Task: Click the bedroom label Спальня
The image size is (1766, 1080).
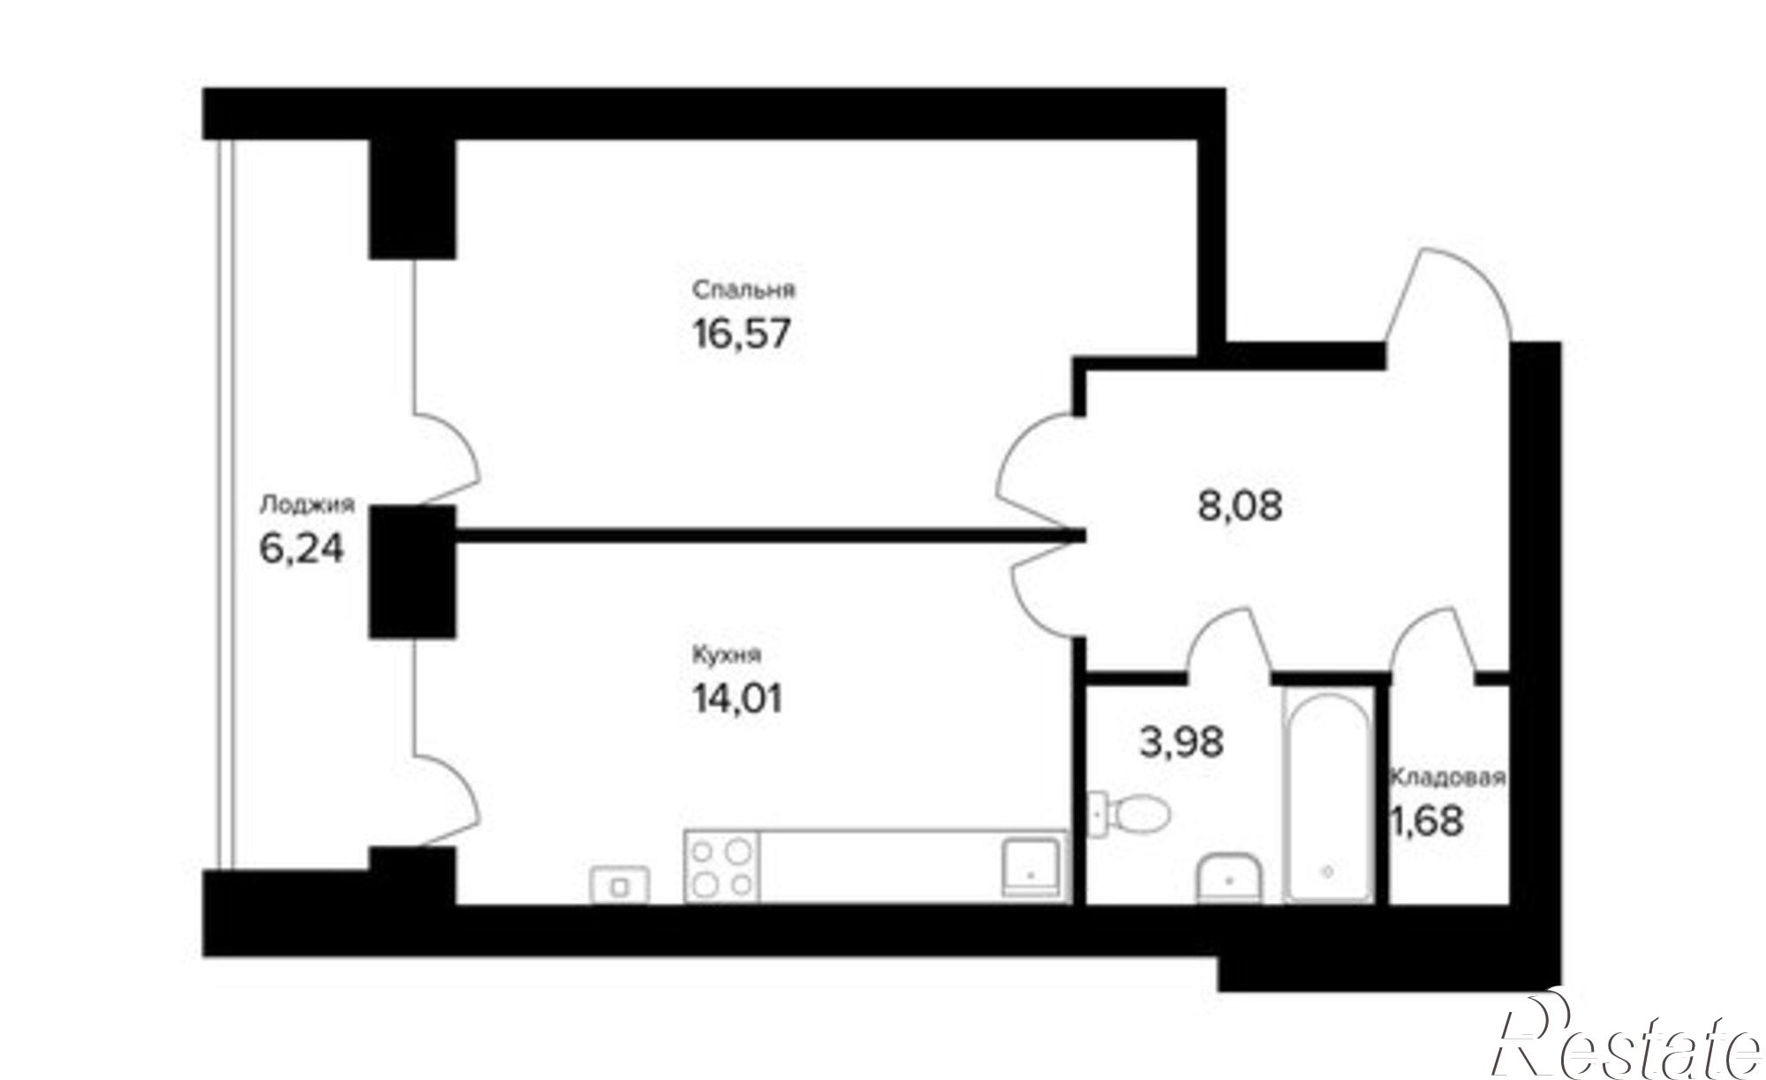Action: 743,290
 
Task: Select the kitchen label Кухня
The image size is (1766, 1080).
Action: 727,655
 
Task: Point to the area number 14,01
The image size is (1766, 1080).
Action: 736,700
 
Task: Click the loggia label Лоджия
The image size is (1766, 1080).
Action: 307,504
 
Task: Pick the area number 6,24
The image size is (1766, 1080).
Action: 301,549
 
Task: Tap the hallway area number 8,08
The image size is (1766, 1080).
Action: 1240,506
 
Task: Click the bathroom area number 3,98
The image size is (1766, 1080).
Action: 1181,742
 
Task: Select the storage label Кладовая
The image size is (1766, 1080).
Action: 1447,778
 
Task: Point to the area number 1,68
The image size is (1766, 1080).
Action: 1427,821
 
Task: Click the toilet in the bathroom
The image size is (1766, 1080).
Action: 1129,812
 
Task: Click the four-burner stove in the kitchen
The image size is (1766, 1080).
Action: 721,866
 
